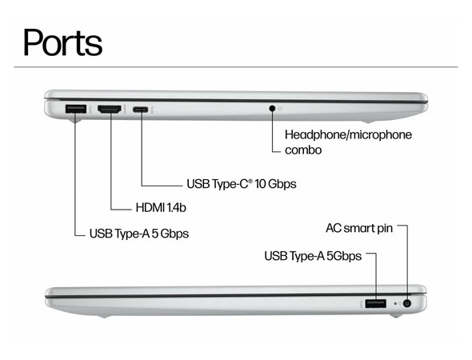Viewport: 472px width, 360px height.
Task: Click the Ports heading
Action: tap(62, 42)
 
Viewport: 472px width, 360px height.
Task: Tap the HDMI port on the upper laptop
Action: tap(110, 109)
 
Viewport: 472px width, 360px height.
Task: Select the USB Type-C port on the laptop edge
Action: tap(141, 110)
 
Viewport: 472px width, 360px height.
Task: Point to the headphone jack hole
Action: tap(272, 108)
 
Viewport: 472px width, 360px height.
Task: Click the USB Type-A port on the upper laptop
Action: tap(75, 109)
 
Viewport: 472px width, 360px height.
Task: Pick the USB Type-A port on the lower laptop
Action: tap(376, 303)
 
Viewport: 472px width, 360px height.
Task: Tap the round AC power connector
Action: tap(407, 303)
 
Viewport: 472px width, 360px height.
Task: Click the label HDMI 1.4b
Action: tap(161, 207)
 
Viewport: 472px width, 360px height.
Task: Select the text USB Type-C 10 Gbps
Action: tap(242, 184)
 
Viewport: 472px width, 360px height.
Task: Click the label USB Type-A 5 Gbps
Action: tap(139, 234)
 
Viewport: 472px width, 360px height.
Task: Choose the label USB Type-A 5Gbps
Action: tap(313, 256)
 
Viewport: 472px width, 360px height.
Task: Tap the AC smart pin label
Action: tap(359, 229)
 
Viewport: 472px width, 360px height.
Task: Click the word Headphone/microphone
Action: tap(348, 134)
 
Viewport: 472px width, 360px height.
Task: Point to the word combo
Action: tap(303, 150)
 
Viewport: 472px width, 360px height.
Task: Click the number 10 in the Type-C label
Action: tap(260, 184)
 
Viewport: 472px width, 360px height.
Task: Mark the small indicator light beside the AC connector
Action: tap(395, 304)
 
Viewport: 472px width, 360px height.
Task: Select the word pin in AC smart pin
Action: tap(385, 229)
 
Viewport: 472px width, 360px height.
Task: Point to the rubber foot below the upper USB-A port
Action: tap(75, 121)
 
